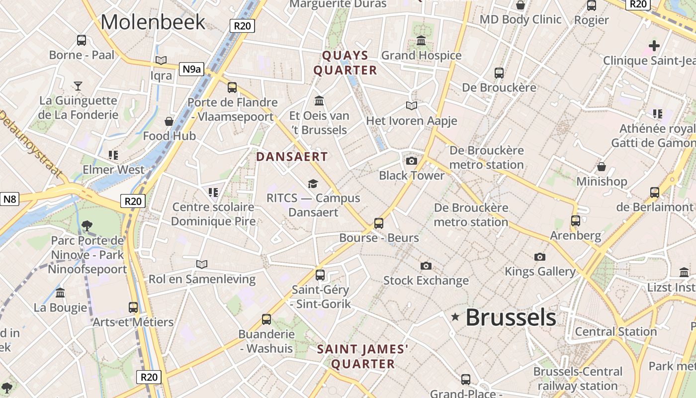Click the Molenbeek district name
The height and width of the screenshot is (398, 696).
click(x=153, y=22)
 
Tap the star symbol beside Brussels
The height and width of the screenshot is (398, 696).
click(x=455, y=316)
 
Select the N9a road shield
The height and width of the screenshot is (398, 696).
click(x=191, y=69)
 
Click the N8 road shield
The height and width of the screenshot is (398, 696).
click(x=10, y=199)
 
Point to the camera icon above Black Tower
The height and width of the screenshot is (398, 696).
click(x=411, y=161)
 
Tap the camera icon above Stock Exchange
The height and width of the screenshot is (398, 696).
click(x=426, y=266)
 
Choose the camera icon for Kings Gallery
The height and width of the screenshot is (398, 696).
click(x=539, y=257)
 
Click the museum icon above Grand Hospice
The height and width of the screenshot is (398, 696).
click(x=421, y=40)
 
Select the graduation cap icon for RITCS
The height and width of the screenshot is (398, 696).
click(x=313, y=184)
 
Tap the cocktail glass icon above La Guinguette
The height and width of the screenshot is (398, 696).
click(x=78, y=86)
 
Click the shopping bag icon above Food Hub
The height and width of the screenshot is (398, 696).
click(x=169, y=121)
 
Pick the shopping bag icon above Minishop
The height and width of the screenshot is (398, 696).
click(x=601, y=167)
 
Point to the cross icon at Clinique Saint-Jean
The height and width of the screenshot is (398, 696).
click(x=654, y=46)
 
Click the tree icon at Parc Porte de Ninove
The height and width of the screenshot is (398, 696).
click(x=87, y=226)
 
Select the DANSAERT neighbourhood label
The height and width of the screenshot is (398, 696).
click(x=292, y=157)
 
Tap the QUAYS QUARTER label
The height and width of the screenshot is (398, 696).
click(x=345, y=63)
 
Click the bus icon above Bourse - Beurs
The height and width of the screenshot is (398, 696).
click(x=379, y=223)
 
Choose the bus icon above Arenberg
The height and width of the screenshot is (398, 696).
click(x=575, y=220)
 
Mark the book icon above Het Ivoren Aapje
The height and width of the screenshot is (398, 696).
click(x=411, y=105)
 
